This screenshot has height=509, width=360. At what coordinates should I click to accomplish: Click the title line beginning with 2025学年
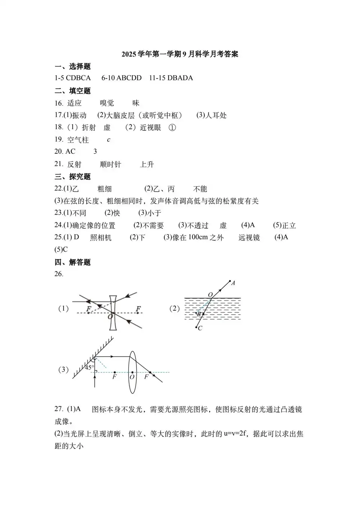[x=180, y=54]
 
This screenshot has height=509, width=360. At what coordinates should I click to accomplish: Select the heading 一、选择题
[x=72, y=67]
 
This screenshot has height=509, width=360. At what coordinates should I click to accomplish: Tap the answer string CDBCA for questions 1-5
[x=78, y=78]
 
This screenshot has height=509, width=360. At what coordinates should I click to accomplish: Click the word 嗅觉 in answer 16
[x=107, y=103]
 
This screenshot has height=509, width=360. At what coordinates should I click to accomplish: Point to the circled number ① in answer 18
[x=172, y=128]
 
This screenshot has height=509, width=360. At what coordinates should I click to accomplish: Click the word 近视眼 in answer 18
[x=150, y=128]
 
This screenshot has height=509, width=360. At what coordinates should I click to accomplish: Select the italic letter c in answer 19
[x=109, y=140]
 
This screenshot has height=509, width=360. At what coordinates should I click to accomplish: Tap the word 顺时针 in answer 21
[x=111, y=165]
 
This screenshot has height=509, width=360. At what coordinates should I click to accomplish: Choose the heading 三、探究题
[x=72, y=177]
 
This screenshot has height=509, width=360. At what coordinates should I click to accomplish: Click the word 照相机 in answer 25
[x=101, y=238]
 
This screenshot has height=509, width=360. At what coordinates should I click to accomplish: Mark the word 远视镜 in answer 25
[x=249, y=238]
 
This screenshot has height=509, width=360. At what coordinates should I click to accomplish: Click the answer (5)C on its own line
[x=61, y=249]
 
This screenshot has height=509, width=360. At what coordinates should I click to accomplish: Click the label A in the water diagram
[x=233, y=283]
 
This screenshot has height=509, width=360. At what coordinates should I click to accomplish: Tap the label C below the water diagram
[x=200, y=328]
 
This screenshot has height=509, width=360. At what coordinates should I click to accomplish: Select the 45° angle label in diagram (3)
[x=89, y=368]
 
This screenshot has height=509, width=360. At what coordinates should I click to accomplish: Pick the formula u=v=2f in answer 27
[x=235, y=434]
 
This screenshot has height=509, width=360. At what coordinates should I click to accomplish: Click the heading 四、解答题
[x=72, y=262]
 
